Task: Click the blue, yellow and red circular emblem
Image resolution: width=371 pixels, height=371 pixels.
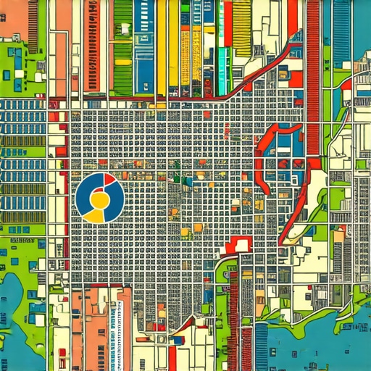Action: [99, 198]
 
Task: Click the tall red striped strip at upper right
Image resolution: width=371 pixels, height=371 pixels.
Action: [313, 72]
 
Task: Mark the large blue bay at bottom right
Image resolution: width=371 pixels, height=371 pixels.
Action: [319, 348]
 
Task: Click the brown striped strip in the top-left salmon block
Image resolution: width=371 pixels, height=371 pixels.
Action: [33, 25]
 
